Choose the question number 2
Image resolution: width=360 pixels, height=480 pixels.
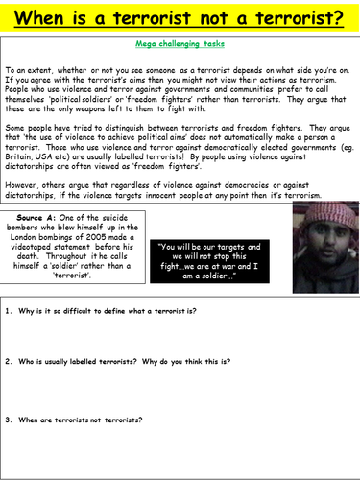click(x=10, y=361)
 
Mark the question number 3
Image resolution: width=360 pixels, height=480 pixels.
click(x=10, y=420)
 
